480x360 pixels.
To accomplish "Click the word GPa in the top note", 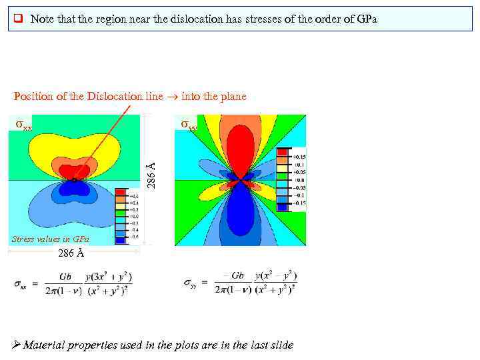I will [366, 19].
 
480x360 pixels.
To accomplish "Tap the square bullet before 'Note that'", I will [19, 19].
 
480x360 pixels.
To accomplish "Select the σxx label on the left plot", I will [24, 125].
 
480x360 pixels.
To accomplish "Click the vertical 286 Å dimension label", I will [152, 175].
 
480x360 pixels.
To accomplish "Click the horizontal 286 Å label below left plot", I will [71, 253].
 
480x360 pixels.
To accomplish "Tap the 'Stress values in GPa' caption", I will [51, 239].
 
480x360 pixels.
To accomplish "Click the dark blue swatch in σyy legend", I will [283, 207].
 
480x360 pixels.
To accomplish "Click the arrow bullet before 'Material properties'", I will [17, 345].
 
